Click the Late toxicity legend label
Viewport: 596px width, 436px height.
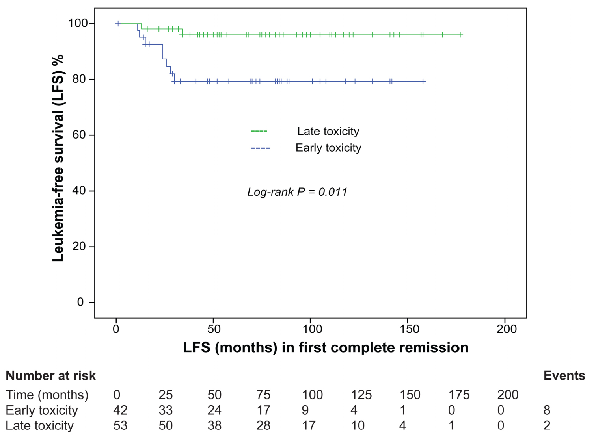[x=328, y=131]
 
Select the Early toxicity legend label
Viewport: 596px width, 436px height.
[x=328, y=148]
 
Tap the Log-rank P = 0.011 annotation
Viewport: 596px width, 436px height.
[x=297, y=192]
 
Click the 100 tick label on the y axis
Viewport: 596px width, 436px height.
[x=78, y=23]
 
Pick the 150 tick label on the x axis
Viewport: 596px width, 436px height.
[x=409, y=329]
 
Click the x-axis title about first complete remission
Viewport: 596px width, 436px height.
[x=326, y=347]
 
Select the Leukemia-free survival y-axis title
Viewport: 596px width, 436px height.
[x=58, y=158]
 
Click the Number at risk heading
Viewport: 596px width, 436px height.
[x=51, y=376]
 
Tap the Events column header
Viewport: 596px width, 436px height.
[x=564, y=376]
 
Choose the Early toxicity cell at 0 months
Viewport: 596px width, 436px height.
[x=120, y=410]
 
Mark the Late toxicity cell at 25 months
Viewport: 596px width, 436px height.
[x=166, y=426]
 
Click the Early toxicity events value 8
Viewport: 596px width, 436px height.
[x=547, y=410]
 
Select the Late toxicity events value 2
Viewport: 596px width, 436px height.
[x=547, y=426]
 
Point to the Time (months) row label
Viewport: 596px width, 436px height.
[x=47, y=395]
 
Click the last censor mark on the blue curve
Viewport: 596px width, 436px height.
[x=423, y=82]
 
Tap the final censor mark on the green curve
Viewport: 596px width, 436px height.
[x=460, y=35]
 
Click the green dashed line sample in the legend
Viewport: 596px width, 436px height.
[x=259, y=131]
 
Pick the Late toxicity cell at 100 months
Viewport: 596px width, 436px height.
[x=309, y=426]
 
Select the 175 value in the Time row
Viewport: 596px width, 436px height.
[x=459, y=395]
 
